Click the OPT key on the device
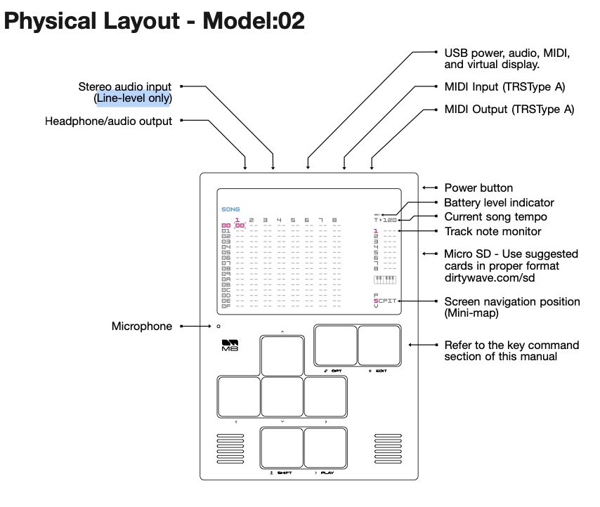coord(335,345)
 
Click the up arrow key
coord(282,356)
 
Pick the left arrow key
coord(239,397)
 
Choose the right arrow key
coord(325,397)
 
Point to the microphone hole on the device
coord(219,327)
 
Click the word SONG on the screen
coord(230,209)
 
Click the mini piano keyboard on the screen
coord(385,279)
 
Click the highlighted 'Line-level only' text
coord(133,98)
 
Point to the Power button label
coord(478,188)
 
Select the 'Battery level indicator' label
coord(499,203)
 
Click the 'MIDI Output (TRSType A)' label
coord(509,110)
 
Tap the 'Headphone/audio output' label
coord(108,121)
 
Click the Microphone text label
coord(142,327)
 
